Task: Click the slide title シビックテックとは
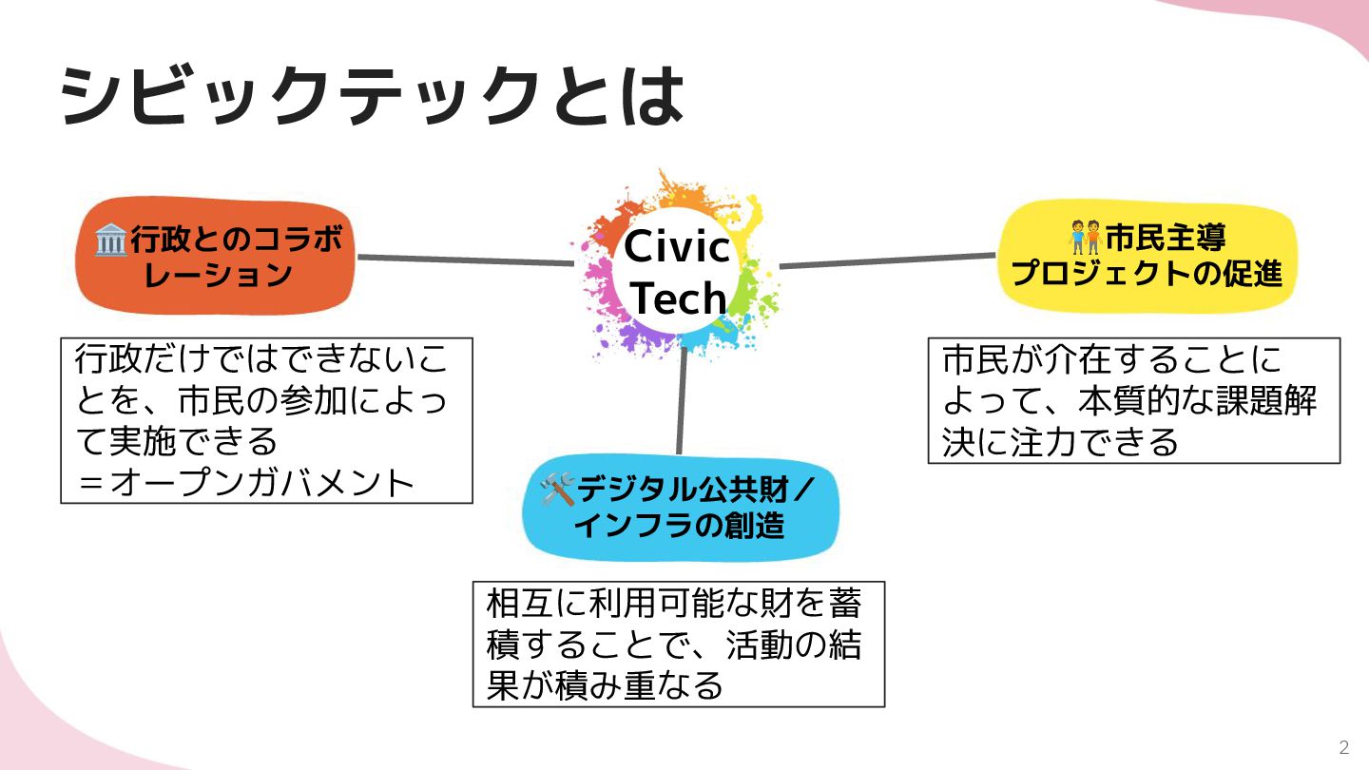pyautogui.click(x=371, y=96)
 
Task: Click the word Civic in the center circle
pyautogui.click(x=677, y=248)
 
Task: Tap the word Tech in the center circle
pyautogui.click(x=678, y=298)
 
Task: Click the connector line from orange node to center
pyautogui.click(x=466, y=260)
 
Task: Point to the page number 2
pyautogui.click(x=1343, y=746)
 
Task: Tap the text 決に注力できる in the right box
pyautogui.click(x=1060, y=442)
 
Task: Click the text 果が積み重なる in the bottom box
pyautogui.click(x=605, y=685)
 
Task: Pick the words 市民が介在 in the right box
pyautogui.click(x=1028, y=360)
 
